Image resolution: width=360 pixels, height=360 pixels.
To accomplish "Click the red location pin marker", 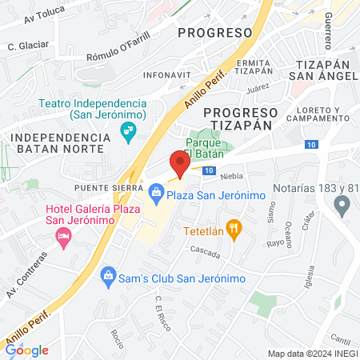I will (180, 164).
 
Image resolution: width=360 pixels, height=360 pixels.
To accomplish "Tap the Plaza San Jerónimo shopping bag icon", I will (156, 192).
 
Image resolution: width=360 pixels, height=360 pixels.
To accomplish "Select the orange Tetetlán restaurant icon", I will (234, 229).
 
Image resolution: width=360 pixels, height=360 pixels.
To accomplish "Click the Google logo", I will (26, 350).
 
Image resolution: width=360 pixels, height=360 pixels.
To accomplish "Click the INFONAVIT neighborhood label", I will (162, 75).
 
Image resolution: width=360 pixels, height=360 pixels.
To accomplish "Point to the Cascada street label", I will (205, 250).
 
